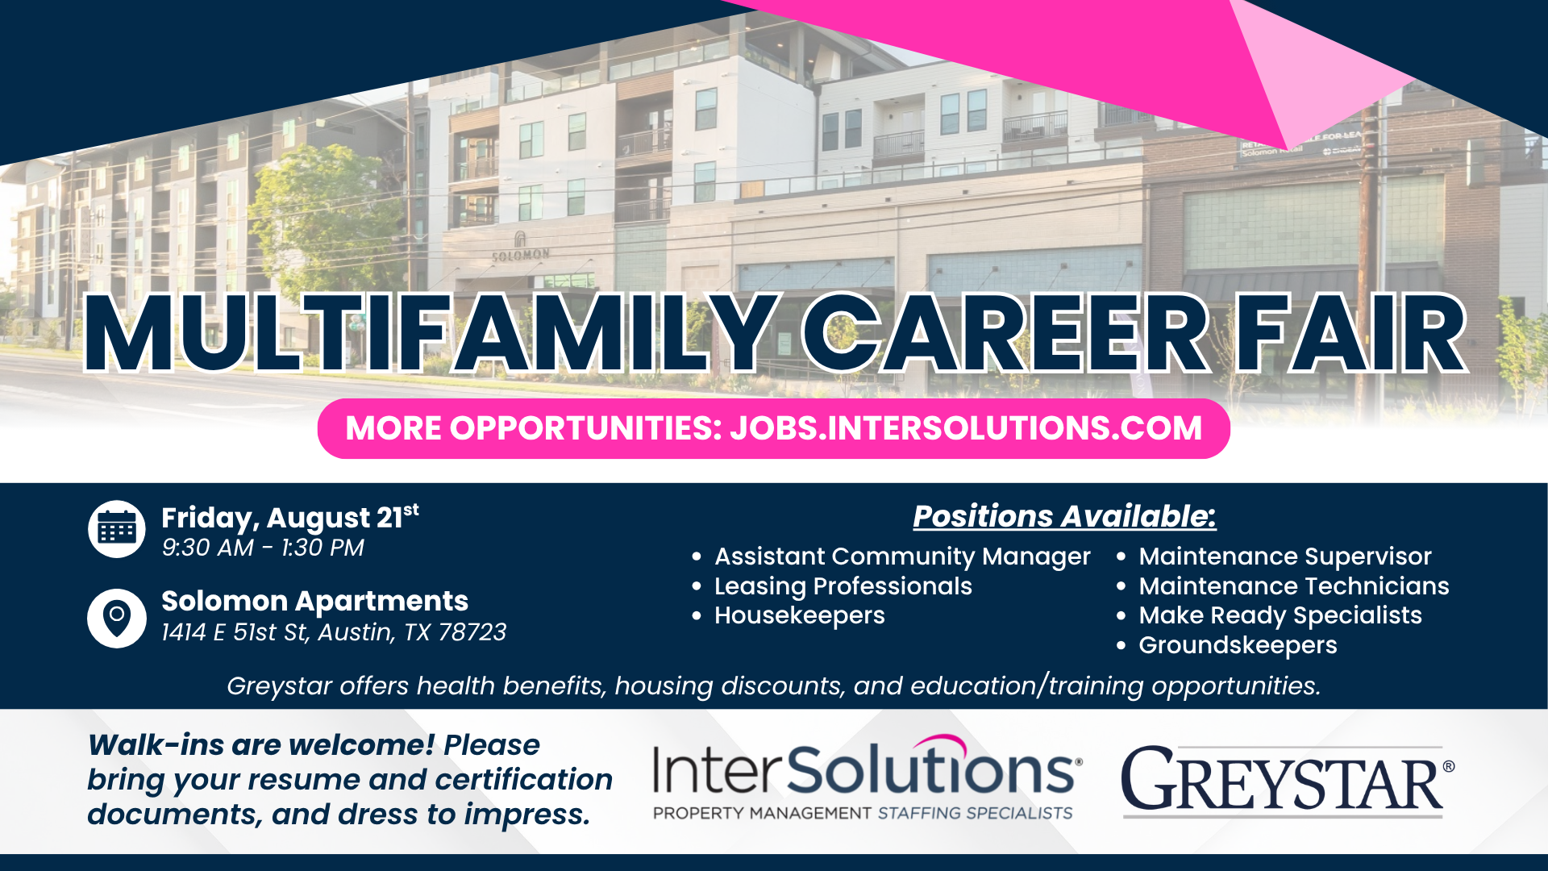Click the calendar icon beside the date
tap(117, 529)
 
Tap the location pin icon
tap(117, 619)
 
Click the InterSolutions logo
tap(867, 777)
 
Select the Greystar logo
tap(1288, 780)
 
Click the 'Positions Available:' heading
tap(1064, 516)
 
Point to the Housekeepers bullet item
tap(799, 615)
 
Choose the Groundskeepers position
tap(1238, 645)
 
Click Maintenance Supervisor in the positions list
tap(1285, 556)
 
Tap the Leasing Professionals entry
tap(843, 586)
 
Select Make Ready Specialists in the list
tap(1280, 615)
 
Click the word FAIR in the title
tap(1351, 333)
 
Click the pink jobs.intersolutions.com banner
tap(774, 428)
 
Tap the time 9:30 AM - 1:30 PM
tap(263, 548)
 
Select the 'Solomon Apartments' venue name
tap(314, 601)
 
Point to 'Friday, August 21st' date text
tap(290, 517)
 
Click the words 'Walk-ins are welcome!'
tap(261, 745)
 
